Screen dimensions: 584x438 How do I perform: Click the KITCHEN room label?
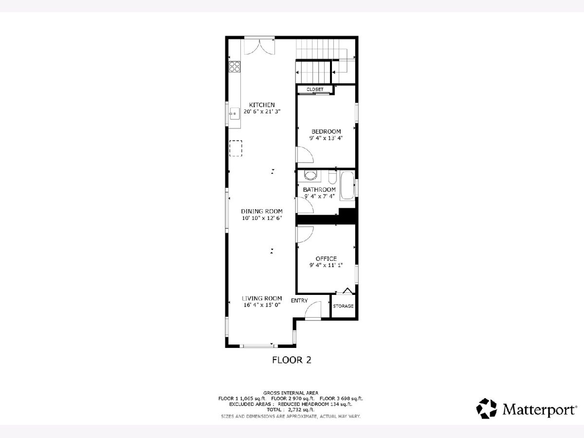(262, 105)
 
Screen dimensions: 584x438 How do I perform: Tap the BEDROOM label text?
(326, 131)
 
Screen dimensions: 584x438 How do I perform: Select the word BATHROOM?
(319, 190)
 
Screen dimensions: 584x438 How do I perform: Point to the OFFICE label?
(326, 258)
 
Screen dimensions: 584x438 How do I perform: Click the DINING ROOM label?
(262, 211)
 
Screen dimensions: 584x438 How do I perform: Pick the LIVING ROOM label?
(262, 298)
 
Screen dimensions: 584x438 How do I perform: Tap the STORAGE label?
(343, 306)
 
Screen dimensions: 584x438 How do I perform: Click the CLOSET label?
(315, 90)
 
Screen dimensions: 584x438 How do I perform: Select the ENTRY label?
(299, 300)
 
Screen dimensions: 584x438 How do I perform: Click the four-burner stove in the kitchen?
(235, 67)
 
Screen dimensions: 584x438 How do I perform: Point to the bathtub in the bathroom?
(347, 185)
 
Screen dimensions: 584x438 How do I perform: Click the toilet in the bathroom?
(332, 177)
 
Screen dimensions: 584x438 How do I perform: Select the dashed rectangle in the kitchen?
(236, 148)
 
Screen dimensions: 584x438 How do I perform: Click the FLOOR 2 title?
(292, 360)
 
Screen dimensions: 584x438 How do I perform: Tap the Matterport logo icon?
(486, 408)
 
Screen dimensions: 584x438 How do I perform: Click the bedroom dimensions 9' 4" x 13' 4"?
(326, 138)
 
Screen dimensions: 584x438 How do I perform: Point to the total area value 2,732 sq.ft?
(301, 410)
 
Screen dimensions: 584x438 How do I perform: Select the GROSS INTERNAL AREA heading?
(291, 393)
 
